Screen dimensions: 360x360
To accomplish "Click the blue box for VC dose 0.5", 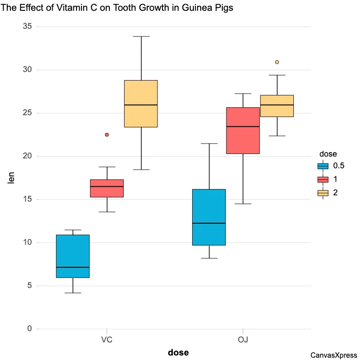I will coord(72,256).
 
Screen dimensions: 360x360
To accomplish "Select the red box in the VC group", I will coord(107,188).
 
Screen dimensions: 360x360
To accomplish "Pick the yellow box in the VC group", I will coord(141,103).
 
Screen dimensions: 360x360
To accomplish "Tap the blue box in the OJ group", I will coord(209,217).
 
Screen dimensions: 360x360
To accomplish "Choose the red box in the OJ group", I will coord(243,130).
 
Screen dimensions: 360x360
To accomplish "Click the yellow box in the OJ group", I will coord(277,106).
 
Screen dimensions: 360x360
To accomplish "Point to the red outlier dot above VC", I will coord(107,135).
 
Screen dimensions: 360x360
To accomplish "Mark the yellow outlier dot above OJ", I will coord(277,62).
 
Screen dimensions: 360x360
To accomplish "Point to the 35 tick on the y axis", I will coord(27,27).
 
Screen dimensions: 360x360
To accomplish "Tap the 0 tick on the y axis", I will coord(30,329).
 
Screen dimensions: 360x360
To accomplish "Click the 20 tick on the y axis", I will coord(27,156).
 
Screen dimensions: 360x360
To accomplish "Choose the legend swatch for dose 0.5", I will coord(323,166).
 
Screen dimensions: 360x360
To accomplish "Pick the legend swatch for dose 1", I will coord(323,179).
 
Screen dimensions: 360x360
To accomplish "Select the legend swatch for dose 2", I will coord(323,193).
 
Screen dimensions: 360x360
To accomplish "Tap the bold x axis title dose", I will coord(178,352).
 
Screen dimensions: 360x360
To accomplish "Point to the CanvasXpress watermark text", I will coord(333,355).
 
